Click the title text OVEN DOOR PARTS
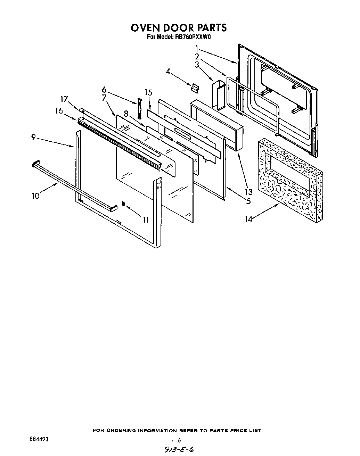click(x=179, y=27)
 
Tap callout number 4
click(x=168, y=72)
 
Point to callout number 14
click(x=248, y=219)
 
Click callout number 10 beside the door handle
click(x=35, y=196)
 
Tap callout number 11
click(x=145, y=219)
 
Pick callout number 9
click(x=33, y=138)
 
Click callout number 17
click(x=64, y=99)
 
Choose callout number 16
click(x=59, y=111)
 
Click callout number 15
click(x=148, y=92)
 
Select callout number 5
click(x=248, y=200)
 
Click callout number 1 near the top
click(x=197, y=48)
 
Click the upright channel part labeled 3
click(x=218, y=96)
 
